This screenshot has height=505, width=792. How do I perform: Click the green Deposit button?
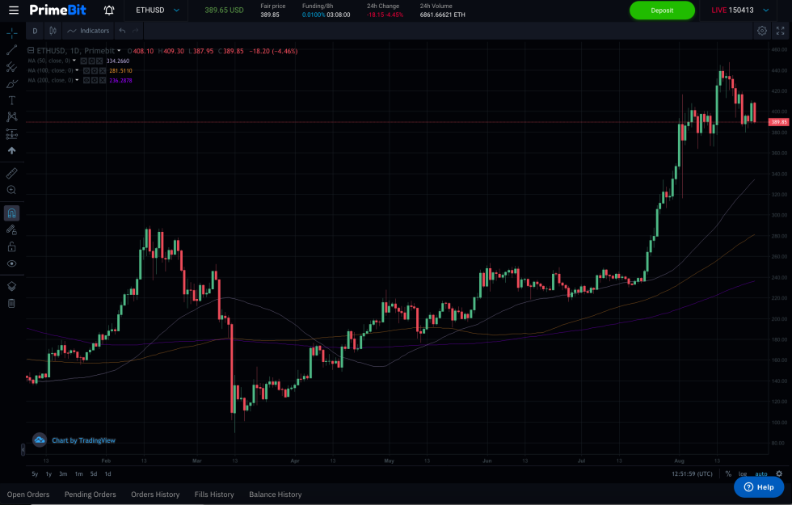pyautogui.click(x=662, y=11)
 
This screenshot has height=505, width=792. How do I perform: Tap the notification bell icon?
pyautogui.click(x=109, y=11)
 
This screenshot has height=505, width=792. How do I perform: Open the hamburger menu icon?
pyautogui.click(x=13, y=11)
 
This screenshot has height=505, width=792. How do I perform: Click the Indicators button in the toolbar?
pyautogui.click(x=89, y=31)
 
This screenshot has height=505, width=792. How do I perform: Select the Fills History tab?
pyautogui.click(x=214, y=494)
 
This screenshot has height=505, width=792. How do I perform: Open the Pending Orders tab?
pyautogui.click(x=91, y=494)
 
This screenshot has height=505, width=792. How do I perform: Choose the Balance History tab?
pyautogui.click(x=276, y=494)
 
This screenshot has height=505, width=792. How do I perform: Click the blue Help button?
pyautogui.click(x=759, y=487)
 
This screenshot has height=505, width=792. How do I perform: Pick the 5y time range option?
pyautogui.click(x=35, y=473)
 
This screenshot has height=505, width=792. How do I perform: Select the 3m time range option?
pyautogui.click(x=63, y=473)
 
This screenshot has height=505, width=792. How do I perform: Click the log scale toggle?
pyautogui.click(x=743, y=473)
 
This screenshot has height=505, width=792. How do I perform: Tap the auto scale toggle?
pyautogui.click(x=761, y=473)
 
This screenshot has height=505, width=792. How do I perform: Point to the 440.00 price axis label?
pyautogui.click(x=779, y=70)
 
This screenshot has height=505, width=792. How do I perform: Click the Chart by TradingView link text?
pyautogui.click(x=83, y=440)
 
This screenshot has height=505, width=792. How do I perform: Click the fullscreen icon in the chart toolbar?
pyautogui.click(x=781, y=31)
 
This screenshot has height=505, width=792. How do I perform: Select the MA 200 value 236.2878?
pyautogui.click(x=121, y=81)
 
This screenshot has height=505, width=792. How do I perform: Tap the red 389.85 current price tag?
pyautogui.click(x=779, y=122)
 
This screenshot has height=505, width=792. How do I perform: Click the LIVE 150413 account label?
pyautogui.click(x=732, y=11)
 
